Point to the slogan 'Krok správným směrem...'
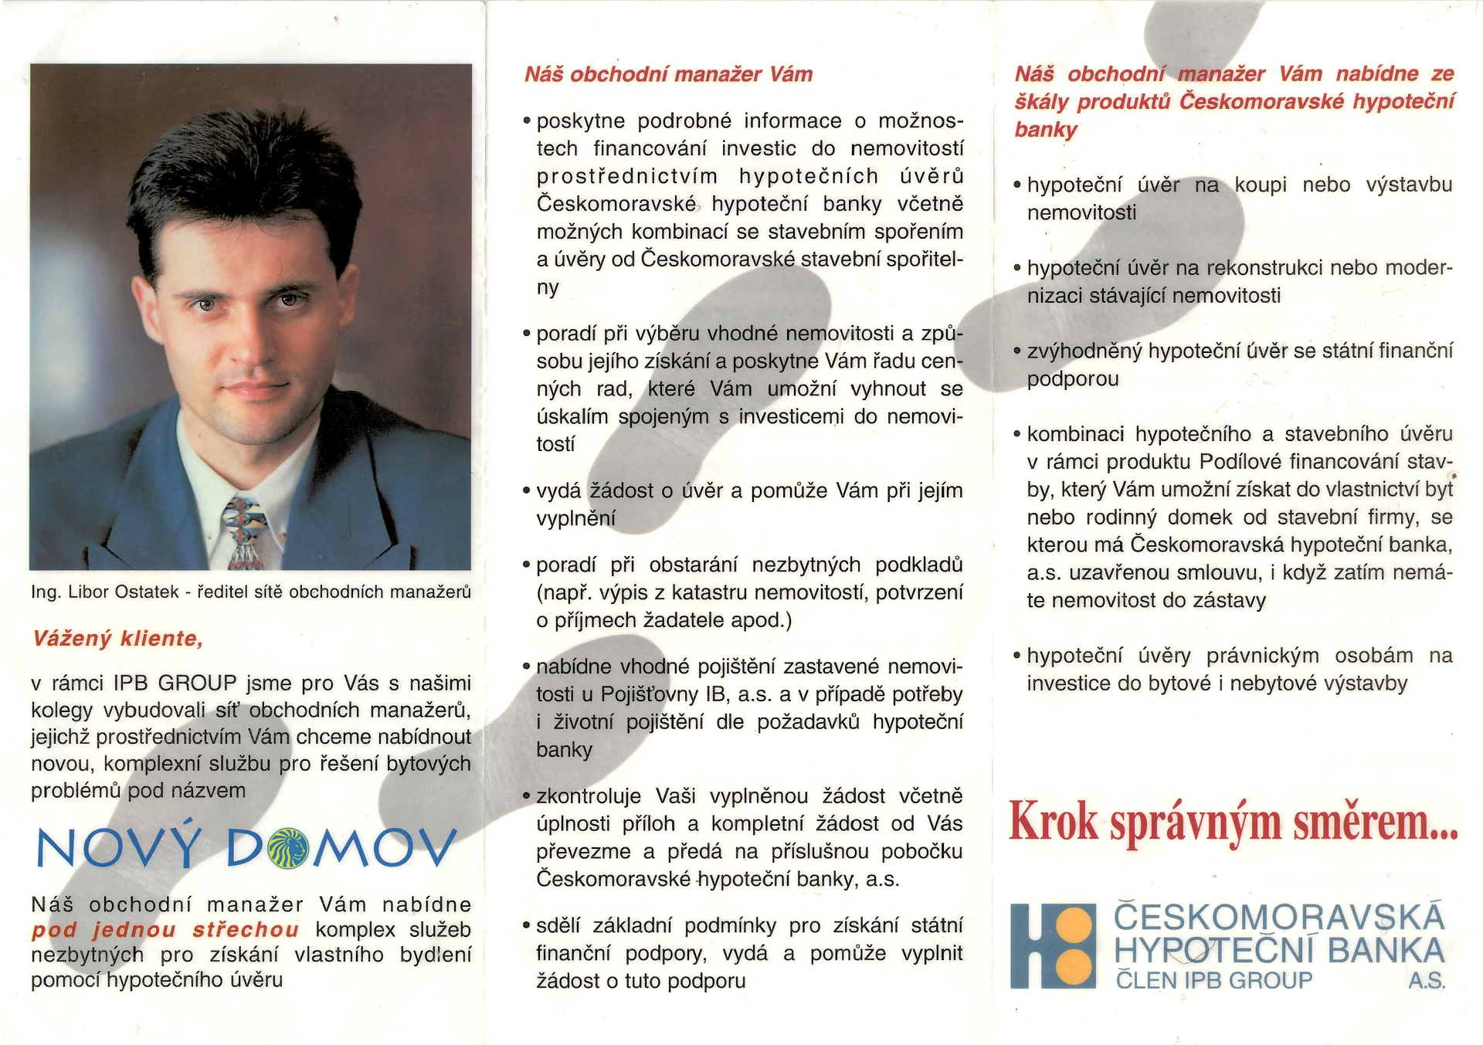tap(1233, 822)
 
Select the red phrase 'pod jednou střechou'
tap(165, 930)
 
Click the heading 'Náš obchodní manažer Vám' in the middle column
tap(668, 75)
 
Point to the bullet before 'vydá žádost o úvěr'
tap(526, 491)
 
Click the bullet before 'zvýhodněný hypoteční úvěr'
tap(1017, 351)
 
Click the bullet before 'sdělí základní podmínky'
tap(526, 926)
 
